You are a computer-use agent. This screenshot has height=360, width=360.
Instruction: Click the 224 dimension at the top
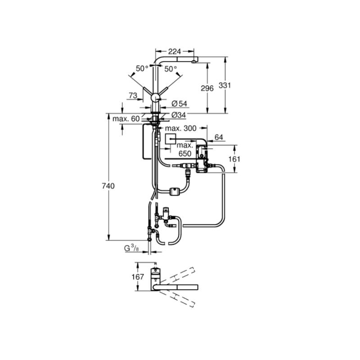(x=175, y=51)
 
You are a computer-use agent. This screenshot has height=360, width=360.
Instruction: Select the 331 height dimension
(x=225, y=85)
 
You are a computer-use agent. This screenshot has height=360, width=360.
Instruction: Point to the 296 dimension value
(x=207, y=88)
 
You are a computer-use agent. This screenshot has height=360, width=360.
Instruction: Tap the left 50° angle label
(x=142, y=68)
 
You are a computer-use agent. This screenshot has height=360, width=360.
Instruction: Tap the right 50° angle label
(x=171, y=69)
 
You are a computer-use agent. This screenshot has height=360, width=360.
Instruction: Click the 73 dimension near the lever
(x=133, y=95)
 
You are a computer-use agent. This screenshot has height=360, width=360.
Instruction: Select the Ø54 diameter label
(x=180, y=104)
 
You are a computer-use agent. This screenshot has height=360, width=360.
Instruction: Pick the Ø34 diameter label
(x=179, y=115)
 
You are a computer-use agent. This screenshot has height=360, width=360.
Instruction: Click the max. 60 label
(x=126, y=119)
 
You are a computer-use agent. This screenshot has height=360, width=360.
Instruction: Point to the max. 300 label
(x=181, y=128)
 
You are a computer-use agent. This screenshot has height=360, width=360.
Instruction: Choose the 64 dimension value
(x=219, y=137)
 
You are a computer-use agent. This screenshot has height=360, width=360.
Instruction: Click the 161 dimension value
(x=234, y=159)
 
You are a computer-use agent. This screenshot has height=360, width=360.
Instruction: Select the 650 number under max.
(x=185, y=153)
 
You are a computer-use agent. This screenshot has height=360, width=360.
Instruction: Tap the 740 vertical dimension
(x=108, y=186)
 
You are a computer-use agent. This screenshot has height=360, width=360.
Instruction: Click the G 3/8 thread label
(x=131, y=248)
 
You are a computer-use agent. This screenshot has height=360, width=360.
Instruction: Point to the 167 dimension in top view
(x=138, y=277)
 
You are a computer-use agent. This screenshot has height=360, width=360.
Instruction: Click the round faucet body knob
(x=156, y=98)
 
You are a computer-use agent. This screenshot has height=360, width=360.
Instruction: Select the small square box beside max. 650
(x=171, y=139)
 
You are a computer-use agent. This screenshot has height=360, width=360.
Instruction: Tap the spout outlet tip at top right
(x=194, y=61)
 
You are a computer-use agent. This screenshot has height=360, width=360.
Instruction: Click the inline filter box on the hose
(x=175, y=191)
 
